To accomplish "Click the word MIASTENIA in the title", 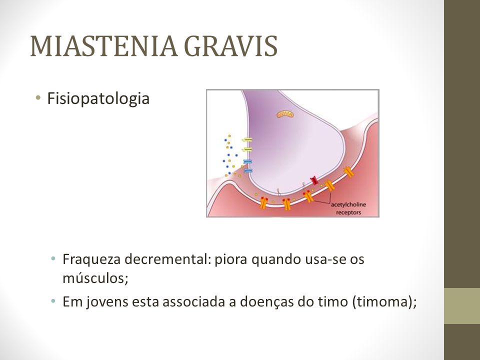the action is (104, 46).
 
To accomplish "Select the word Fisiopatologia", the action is (98, 99).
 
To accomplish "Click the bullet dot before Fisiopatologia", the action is (38, 98).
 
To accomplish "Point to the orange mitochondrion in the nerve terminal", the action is (285, 114).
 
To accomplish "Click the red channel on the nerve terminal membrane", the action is (314, 181).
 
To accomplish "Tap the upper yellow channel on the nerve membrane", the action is (247, 140).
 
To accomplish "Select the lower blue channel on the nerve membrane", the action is (247, 170).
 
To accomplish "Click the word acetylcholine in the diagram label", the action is (348, 204).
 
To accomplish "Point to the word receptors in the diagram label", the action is (348, 212).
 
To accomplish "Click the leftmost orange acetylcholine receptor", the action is (263, 203).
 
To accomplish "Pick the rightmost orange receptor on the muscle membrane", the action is (348, 172).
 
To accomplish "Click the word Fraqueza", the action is (91, 259).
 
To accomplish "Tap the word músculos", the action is (95, 278).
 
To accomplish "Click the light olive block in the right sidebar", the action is (462, 306).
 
